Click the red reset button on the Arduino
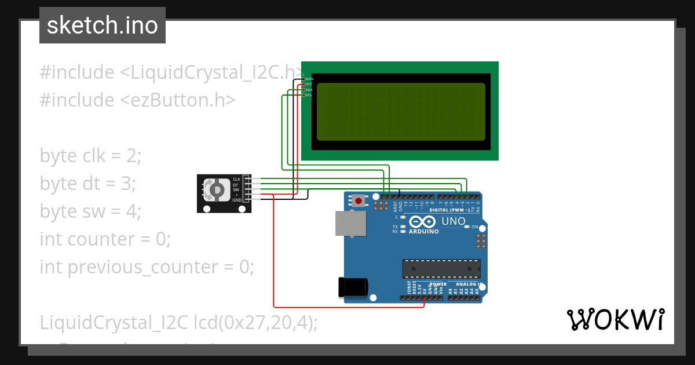359,201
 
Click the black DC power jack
353,287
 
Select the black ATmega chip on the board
441,269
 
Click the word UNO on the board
453,221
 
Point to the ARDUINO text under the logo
424,231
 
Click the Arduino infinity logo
423,222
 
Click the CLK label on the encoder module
236,180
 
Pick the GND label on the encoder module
237,200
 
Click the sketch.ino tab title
103,25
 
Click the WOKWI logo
615,320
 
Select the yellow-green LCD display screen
401,111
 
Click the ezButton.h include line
137,100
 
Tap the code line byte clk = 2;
90,156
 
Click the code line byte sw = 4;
90,211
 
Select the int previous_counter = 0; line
147,267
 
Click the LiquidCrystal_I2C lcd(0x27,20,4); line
178,323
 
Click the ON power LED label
474,227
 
